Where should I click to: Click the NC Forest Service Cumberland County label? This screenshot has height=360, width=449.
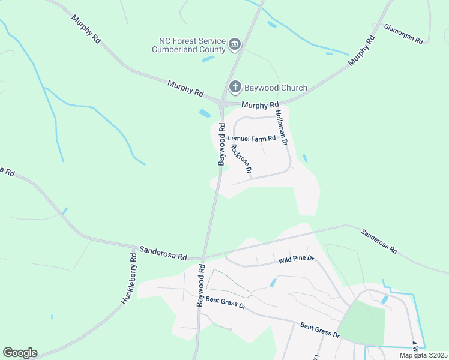pos(190,45)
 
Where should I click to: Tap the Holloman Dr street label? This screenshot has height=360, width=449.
pos(282,128)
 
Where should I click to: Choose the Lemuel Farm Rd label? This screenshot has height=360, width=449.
pos(252,138)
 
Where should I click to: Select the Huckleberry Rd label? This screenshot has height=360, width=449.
pos(129,278)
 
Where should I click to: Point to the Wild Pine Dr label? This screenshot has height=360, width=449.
pos(296,260)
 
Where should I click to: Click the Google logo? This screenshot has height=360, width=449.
pos(20,353)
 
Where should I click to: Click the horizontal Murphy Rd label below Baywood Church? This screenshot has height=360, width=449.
pos(257,105)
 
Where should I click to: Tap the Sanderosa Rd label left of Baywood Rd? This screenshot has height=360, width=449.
pos(163,253)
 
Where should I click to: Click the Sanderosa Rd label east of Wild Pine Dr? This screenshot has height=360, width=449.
pos(379,240)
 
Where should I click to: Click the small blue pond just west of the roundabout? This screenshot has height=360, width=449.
pos(205,113)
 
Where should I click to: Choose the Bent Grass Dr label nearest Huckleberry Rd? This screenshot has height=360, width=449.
pos(226,302)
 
